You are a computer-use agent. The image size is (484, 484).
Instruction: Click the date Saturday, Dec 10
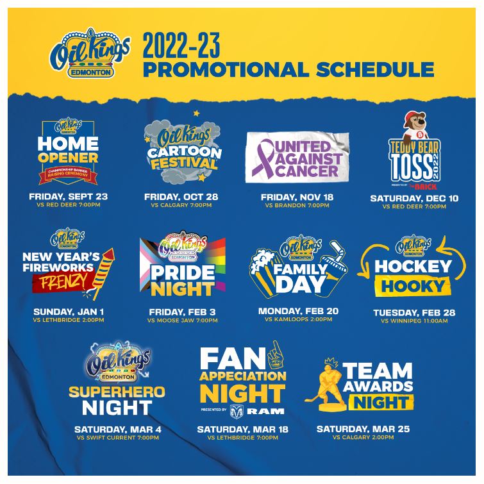414,198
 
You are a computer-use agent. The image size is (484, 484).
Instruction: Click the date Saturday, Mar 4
119,429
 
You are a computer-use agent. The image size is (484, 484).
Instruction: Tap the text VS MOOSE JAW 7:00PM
181,320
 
